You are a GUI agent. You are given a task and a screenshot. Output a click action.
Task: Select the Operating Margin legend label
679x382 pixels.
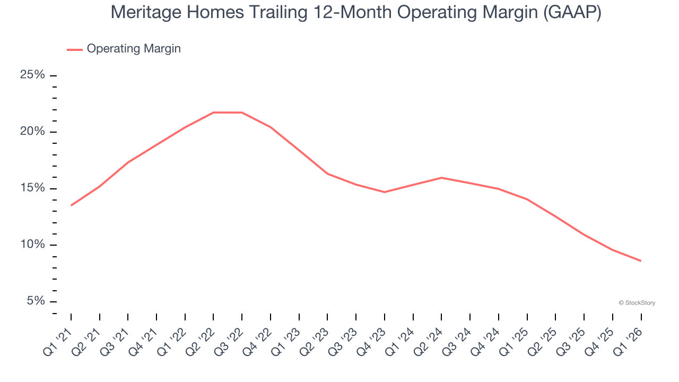(x=134, y=49)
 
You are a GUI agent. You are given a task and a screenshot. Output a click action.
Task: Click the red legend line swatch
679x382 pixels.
(x=75, y=49)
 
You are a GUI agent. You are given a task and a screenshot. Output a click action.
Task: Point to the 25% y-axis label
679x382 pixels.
(x=32, y=75)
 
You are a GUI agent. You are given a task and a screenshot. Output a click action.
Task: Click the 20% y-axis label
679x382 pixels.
(x=32, y=132)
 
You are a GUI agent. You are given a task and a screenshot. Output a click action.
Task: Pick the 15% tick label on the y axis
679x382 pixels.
(x=32, y=188)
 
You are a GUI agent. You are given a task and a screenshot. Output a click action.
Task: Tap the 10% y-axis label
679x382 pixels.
(x=32, y=245)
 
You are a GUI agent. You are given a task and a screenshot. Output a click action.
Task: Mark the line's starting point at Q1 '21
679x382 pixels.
(x=71, y=205)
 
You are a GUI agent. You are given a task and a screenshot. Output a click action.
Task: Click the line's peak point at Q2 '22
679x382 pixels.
(x=213, y=112)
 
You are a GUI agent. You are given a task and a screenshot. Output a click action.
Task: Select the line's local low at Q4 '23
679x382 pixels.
(x=385, y=192)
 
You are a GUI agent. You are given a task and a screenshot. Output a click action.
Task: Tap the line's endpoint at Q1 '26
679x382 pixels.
(x=641, y=261)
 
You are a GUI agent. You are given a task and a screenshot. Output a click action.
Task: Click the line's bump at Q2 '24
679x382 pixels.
(x=441, y=178)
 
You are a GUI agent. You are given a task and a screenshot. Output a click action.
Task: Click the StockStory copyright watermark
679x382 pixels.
(x=637, y=303)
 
